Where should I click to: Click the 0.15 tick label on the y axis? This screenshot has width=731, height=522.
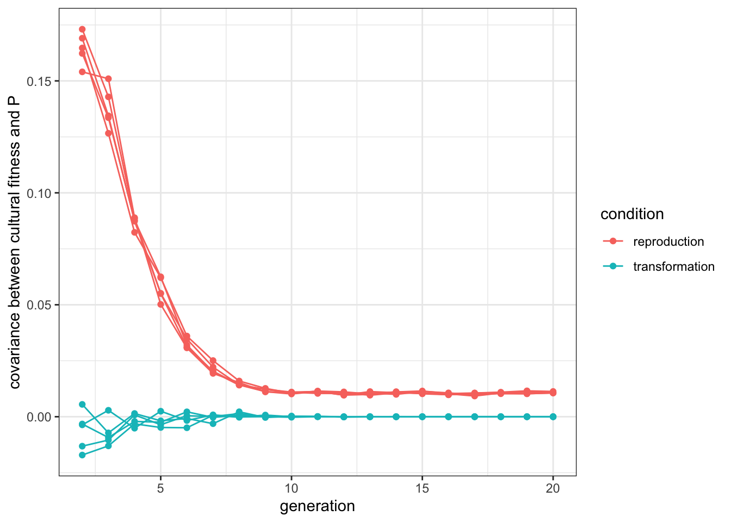[x=39, y=81]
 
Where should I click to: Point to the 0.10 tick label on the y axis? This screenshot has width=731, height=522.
[x=39, y=193]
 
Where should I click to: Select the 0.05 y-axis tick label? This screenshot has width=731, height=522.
[x=39, y=305]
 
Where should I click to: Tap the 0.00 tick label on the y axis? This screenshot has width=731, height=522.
[x=39, y=417]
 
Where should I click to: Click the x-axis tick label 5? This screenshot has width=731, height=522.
[x=160, y=488]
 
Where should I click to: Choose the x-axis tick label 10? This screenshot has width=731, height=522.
[x=292, y=488]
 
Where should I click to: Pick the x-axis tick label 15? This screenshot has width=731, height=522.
[x=422, y=488]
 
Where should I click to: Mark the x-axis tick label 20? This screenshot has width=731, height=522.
[x=553, y=488]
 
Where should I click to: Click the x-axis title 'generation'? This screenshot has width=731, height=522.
[x=317, y=506]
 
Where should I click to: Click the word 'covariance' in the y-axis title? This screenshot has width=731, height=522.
[x=15, y=348]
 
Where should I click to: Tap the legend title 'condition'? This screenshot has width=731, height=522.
[x=631, y=214]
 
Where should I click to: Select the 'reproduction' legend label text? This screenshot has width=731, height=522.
[x=668, y=241]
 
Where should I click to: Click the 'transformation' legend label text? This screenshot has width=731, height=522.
[x=673, y=266]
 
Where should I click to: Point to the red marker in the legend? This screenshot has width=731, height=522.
[x=614, y=241]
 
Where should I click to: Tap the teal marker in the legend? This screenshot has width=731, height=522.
[x=614, y=266]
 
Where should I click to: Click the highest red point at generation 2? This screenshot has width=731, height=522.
[x=82, y=29]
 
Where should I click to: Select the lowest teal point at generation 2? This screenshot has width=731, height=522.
[x=82, y=455]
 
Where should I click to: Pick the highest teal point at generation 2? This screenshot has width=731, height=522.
[x=82, y=405]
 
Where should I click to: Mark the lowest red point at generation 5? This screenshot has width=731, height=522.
[x=160, y=304]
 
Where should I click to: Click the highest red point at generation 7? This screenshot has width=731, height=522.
[x=213, y=361]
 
